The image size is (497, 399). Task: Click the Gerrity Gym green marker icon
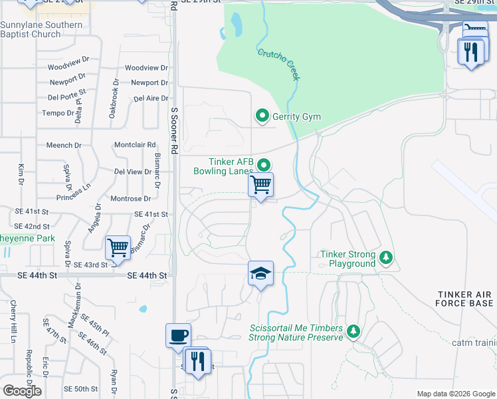[x=262, y=117]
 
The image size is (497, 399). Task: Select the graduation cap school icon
[x=261, y=274]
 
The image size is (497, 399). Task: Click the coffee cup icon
[x=177, y=336]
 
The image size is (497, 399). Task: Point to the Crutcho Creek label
[x=278, y=65]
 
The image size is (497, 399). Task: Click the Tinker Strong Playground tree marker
[x=386, y=257]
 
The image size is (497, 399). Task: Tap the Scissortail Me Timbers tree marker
[x=353, y=331]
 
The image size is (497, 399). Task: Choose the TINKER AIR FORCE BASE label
[x=466, y=299]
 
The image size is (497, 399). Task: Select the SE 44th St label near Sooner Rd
[x=146, y=275]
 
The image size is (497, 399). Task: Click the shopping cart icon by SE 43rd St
[x=118, y=248]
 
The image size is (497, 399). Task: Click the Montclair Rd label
[x=135, y=144]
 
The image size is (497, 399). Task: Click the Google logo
[x=22, y=391]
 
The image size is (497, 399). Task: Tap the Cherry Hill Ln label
[x=13, y=321]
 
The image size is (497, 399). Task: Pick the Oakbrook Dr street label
[x=114, y=103]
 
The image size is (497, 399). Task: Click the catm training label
[x=473, y=342]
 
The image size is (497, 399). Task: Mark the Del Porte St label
[x=67, y=98]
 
